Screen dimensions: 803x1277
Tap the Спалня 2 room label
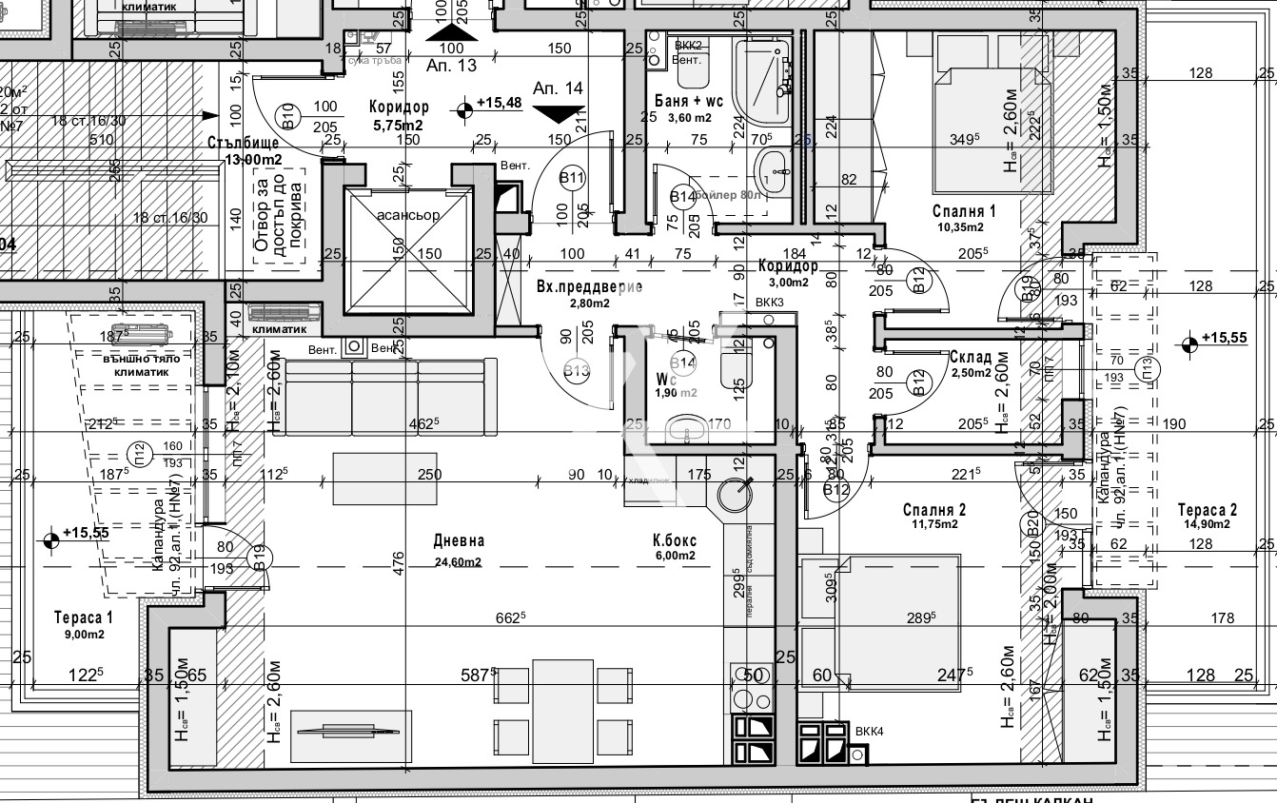[934, 511]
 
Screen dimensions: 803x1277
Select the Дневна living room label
[459, 540]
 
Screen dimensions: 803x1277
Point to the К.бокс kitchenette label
[675, 540]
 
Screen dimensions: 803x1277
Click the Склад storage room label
[971, 358]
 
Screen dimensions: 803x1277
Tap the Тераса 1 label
[84, 617]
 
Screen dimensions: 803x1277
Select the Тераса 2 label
[1207, 508]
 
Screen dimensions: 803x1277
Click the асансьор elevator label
[408, 215]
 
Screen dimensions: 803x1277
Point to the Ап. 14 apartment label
[558, 88]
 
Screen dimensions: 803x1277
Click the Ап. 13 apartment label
[451, 66]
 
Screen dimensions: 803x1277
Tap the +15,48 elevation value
[499, 103]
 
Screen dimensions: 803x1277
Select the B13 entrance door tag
[577, 371]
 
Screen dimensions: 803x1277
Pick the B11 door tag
[572, 177]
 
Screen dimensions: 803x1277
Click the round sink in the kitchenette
[736, 493]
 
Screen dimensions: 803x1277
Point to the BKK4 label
[869, 732]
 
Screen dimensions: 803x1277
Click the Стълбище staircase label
[245, 143]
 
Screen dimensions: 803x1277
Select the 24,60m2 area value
[459, 561]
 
